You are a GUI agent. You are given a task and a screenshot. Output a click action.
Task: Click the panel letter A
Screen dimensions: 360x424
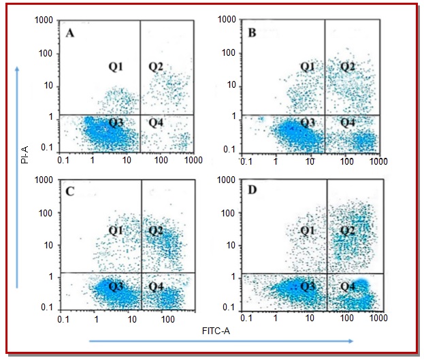click(70, 33)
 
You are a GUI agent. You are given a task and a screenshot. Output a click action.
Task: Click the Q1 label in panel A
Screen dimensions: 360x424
click(116, 66)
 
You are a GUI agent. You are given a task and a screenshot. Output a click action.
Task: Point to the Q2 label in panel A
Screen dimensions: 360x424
click(157, 66)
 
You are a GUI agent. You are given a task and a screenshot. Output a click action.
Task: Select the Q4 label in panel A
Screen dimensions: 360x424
click(157, 122)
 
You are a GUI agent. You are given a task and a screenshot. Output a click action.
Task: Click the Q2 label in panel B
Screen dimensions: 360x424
click(348, 66)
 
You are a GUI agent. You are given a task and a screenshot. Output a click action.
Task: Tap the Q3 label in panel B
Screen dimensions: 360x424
click(308, 122)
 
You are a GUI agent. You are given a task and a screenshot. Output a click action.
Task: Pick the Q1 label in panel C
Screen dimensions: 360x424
click(116, 231)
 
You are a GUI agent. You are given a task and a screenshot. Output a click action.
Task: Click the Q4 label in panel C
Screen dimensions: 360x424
click(157, 287)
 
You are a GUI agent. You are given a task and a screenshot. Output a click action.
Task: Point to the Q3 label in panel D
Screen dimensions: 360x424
click(308, 287)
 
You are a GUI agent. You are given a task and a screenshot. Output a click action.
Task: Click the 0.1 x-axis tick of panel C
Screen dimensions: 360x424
click(64, 318)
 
